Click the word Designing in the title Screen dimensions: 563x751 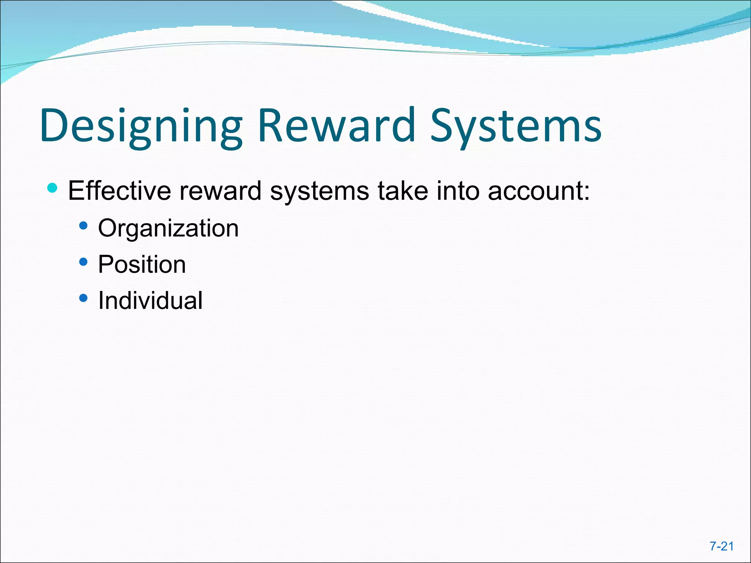point(141,126)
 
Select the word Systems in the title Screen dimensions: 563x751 point(516,126)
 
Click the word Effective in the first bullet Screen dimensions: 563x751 point(120,191)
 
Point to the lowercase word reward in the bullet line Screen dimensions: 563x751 point(220,191)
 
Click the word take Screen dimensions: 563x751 point(403,191)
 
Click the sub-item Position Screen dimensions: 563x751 point(142,264)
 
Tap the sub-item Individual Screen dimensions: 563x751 point(150,301)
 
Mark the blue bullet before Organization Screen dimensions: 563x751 point(83,225)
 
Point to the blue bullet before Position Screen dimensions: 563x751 point(83,262)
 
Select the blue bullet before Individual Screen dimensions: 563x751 point(83,298)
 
